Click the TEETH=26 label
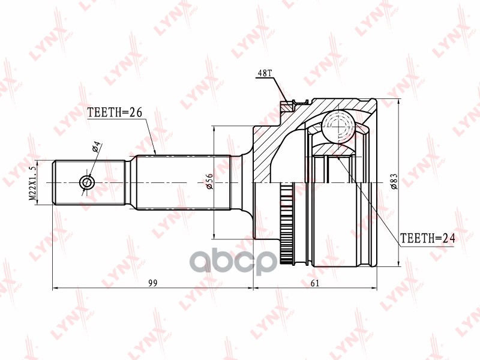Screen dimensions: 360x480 pyautogui.click(x=114, y=112)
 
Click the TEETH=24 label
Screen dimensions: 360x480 pyautogui.click(x=428, y=238)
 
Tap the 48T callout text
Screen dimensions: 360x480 pyautogui.click(x=265, y=73)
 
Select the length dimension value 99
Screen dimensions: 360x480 pyautogui.click(x=153, y=283)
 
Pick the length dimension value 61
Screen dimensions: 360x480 pyautogui.click(x=316, y=283)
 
